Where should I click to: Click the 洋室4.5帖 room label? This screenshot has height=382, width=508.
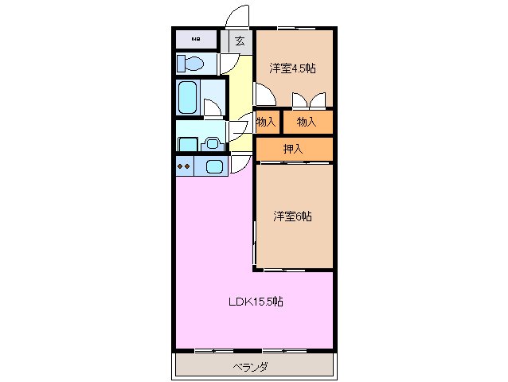[x=291, y=68]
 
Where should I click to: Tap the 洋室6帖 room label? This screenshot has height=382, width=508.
[x=292, y=216]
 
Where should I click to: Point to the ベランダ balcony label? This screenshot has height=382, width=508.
[x=250, y=367]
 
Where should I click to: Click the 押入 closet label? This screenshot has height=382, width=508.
[x=293, y=148]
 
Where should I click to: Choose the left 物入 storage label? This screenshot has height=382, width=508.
[x=266, y=122]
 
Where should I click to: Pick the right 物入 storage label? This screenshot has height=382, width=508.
[x=307, y=122]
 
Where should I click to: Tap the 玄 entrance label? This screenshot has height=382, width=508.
[x=239, y=41]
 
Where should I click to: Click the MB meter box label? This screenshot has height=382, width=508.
[x=194, y=39]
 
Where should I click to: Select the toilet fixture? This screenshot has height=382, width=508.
[x=191, y=63]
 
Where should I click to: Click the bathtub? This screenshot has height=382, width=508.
[x=188, y=97]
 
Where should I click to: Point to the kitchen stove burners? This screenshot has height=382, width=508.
[x=184, y=166]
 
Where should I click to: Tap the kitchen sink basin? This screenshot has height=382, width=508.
[x=214, y=166]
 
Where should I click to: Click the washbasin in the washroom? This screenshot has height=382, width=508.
[x=212, y=143]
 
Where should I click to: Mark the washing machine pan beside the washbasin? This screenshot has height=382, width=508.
[x=187, y=144]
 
